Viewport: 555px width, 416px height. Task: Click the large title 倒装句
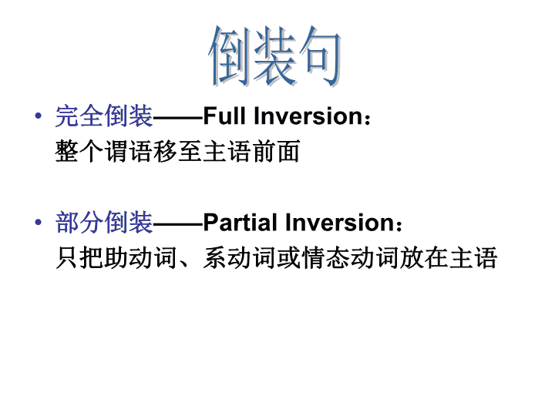point(274,56)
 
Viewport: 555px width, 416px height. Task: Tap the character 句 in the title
point(320,56)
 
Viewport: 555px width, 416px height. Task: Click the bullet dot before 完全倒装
point(39,116)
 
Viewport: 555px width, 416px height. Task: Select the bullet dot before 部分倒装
point(39,222)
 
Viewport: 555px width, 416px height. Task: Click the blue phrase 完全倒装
point(104,116)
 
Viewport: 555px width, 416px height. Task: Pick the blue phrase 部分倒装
point(104,223)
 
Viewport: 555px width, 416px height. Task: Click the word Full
point(224,116)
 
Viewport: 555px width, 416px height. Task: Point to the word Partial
point(240,223)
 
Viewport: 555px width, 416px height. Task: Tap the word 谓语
point(129,151)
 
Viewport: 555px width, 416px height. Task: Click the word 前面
point(277,151)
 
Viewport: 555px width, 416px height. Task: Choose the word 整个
point(79,151)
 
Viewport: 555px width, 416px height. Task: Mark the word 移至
point(178,151)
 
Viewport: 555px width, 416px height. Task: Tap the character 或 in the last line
point(289,257)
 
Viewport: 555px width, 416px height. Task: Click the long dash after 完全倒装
point(178,116)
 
